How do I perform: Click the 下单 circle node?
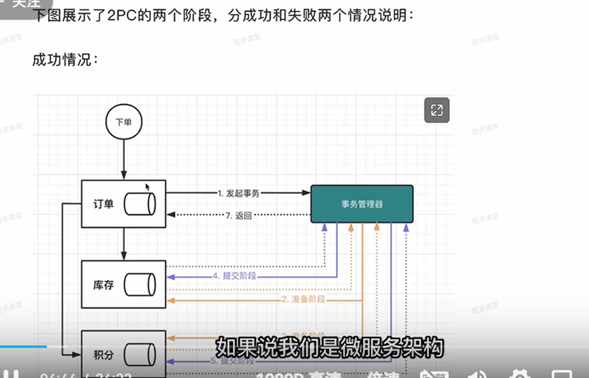(x=123, y=123)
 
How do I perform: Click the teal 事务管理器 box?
(x=362, y=204)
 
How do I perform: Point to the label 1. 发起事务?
(x=238, y=193)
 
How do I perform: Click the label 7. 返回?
(x=238, y=216)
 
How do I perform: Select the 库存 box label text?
(x=104, y=283)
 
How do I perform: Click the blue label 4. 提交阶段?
(x=238, y=277)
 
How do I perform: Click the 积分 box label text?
(x=104, y=354)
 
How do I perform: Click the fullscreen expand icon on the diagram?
(x=436, y=110)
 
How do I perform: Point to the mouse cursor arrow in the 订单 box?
(x=148, y=187)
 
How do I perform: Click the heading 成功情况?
(x=65, y=60)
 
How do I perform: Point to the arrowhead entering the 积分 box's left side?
(x=77, y=354)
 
